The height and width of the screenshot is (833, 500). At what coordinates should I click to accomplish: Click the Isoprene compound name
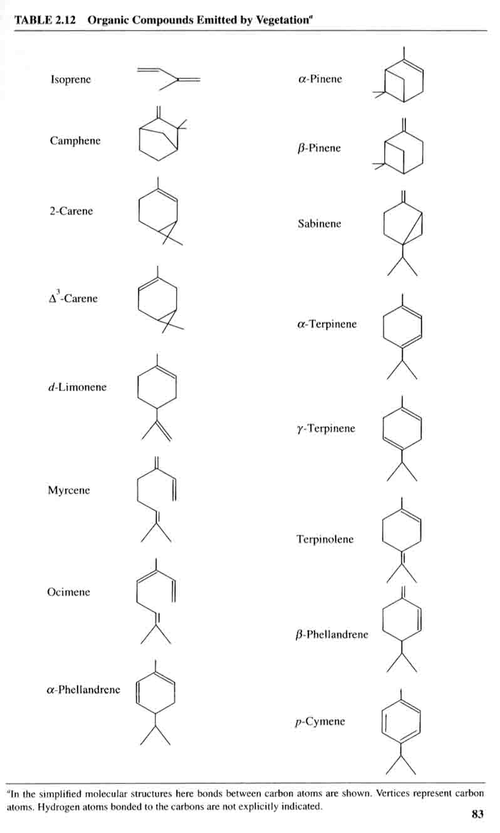pyautogui.click(x=71, y=79)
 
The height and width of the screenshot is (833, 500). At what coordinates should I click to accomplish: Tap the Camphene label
pyautogui.click(x=75, y=140)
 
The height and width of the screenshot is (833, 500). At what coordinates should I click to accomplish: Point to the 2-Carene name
pyautogui.click(x=71, y=211)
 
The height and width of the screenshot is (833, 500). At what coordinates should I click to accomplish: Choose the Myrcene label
pyautogui.click(x=69, y=490)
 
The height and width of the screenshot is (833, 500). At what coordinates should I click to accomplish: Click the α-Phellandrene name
pyautogui.click(x=83, y=689)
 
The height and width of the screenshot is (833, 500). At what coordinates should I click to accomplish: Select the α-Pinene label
pyautogui.click(x=320, y=79)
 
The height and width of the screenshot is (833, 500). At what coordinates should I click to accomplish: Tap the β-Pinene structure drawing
pyautogui.click(x=398, y=146)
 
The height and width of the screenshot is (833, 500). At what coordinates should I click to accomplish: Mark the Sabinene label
pyautogui.click(x=320, y=224)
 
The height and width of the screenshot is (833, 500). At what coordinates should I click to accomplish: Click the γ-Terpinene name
pyautogui.click(x=326, y=428)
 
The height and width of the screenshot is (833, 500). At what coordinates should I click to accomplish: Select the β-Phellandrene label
pyautogui.click(x=332, y=634)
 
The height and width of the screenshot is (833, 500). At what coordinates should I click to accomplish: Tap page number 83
pyautogui.click(x=477, y=814)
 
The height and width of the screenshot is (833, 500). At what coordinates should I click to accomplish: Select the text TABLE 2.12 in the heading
pyautogui.click(x=44, y=20)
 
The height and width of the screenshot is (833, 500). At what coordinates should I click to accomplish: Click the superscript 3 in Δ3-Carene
pyautogui.click(x=58, y=291)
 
